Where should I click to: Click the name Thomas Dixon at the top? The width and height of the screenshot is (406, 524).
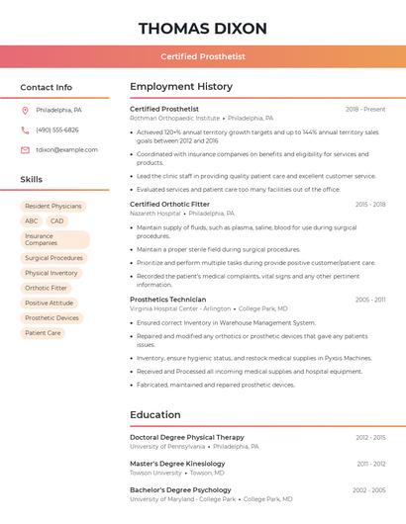(x=203, y=27)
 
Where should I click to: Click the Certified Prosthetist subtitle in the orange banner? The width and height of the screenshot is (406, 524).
(x=203, y=56)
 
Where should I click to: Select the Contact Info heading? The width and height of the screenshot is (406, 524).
(x=46, y=87)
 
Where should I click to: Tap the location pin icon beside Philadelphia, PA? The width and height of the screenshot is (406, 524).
(x=25, y=110)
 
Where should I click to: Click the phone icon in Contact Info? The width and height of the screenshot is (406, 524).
(x=25, y=130)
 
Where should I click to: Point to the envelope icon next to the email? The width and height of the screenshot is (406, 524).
(x=25, y=149)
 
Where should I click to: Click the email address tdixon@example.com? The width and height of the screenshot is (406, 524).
(x=66, y=149)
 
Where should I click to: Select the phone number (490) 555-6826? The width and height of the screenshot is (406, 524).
(x=56, y=130)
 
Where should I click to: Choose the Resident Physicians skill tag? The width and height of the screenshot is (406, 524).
(x=53, y=207)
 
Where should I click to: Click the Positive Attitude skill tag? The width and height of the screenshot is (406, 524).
(x=50, y=303)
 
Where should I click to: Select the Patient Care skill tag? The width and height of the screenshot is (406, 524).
(x=43, y=333)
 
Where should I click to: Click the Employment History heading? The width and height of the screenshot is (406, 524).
(x=181, y=87)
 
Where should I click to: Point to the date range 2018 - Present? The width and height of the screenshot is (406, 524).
(x=365, y=109)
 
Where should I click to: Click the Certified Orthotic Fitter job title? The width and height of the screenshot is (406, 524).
(x=169, y=204)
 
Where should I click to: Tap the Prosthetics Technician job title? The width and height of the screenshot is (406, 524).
(x=167, y=299)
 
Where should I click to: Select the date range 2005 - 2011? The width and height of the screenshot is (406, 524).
(x=370, y=300)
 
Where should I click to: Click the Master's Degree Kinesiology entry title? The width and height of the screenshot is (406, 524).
(x=177, y=463)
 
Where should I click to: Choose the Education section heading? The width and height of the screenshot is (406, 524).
(x=155, y=414)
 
